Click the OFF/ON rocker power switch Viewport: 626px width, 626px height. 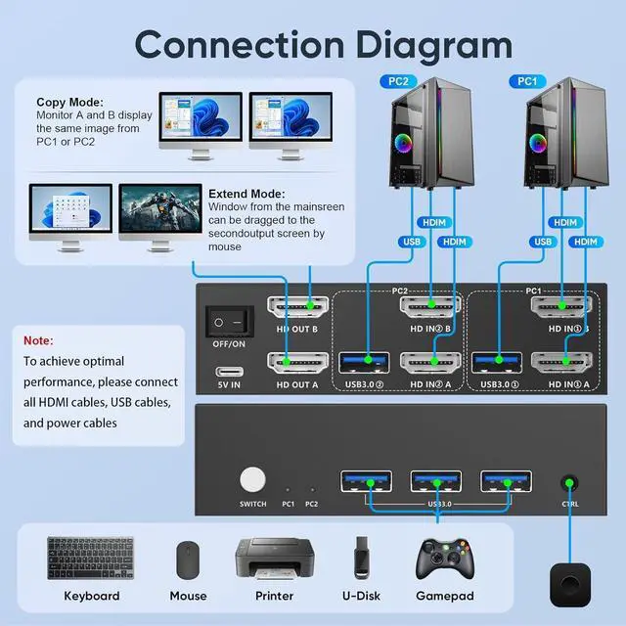point(230,322)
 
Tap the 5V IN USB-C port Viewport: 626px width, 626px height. point(230,372)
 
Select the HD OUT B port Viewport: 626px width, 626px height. point(297,307)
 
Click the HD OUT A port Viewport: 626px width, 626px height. point(297,363)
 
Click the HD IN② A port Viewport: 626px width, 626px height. point(430,363)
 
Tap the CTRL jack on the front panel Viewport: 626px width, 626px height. point(569,483)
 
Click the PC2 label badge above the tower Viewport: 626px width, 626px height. point(398,81)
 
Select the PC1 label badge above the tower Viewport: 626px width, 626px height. point(527,81)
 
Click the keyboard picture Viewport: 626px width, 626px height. point(91,558)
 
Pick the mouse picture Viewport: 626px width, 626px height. point(188,559)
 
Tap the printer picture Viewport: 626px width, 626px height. point(274,559)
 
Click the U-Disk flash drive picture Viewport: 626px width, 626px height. point(361,558)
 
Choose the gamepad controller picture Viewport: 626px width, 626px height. point(445,559)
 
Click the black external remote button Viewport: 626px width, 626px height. point(570,585)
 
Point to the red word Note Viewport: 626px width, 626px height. point(37,340)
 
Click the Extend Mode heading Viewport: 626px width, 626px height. point(246,194)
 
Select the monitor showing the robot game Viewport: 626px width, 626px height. point(160,217)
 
